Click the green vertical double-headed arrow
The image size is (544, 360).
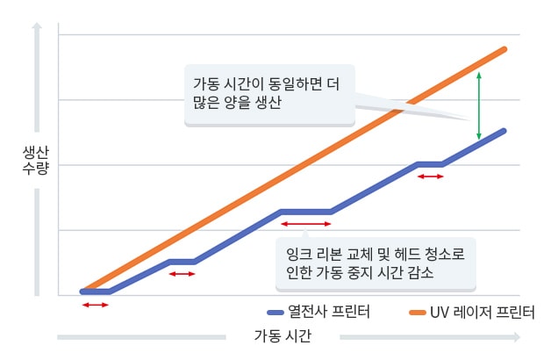[478, 106]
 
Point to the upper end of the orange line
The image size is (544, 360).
[505, 49]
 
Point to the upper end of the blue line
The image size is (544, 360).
[504, 131]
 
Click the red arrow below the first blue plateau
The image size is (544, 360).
[94, 305]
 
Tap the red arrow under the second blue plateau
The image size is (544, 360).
[182, 274]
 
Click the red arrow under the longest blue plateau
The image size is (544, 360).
[304, 225]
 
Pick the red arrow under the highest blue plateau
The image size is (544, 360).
[430, 176]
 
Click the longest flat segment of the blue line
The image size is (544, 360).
[304, 212]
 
